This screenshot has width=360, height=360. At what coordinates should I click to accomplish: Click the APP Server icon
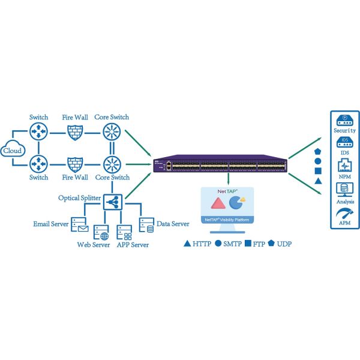click(x=124, y=232)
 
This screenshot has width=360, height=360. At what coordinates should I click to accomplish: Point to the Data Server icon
click(x=146, y=224)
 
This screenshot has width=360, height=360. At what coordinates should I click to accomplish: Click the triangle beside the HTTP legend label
click(x=187, y=244)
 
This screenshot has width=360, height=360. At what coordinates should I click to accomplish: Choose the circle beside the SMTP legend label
click(x=218, y=244)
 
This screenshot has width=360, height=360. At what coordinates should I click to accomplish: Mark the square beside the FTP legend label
click(x=248, y=244)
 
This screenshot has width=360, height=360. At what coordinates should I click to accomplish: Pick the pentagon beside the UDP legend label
click(x=272, y=244)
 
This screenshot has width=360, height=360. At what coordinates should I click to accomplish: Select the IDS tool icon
click(x=344, y=143)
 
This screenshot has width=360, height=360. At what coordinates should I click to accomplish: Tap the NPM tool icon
click(x=344, y=166)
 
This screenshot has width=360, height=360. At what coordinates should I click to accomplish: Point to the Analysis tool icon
click(x=344, y=190)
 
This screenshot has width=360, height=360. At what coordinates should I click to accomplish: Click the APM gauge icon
click(x=344, y=213)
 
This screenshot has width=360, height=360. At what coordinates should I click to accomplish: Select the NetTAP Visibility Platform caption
click(x=228, y=220)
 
